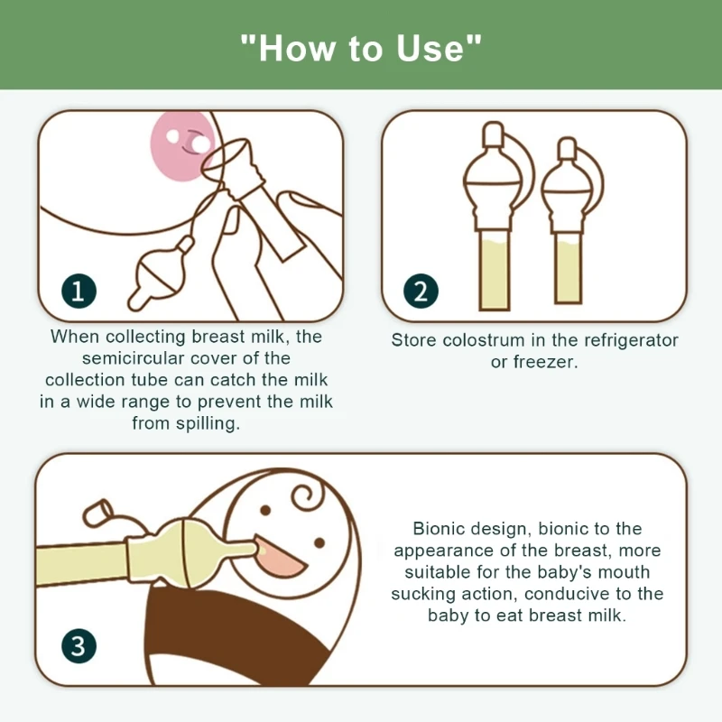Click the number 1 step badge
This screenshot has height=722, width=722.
point(79,291)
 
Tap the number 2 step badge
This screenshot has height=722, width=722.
point(421,291)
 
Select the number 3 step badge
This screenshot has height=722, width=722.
point(79,645)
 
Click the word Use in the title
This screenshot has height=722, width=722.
point(430,48)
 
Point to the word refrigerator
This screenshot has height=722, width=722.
point(631,340)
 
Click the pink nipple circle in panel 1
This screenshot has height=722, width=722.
point(182,146)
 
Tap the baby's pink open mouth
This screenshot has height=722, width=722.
point(279,556)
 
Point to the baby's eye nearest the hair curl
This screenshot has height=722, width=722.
point(265,510)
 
